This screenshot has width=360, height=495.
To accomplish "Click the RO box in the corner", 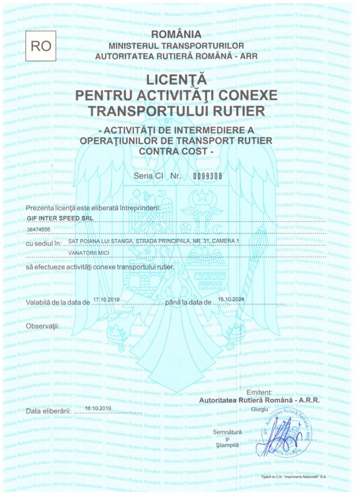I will (40, 46).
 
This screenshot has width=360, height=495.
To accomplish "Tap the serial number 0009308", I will (208, 176).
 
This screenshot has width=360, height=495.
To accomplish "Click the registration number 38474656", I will (39, 230).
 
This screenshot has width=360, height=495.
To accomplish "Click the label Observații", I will (43, 325).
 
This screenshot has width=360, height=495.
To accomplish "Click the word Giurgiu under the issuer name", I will (259, 409).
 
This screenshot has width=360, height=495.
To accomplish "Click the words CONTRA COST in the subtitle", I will (176, 152).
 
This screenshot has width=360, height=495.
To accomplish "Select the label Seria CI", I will (148, 176).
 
